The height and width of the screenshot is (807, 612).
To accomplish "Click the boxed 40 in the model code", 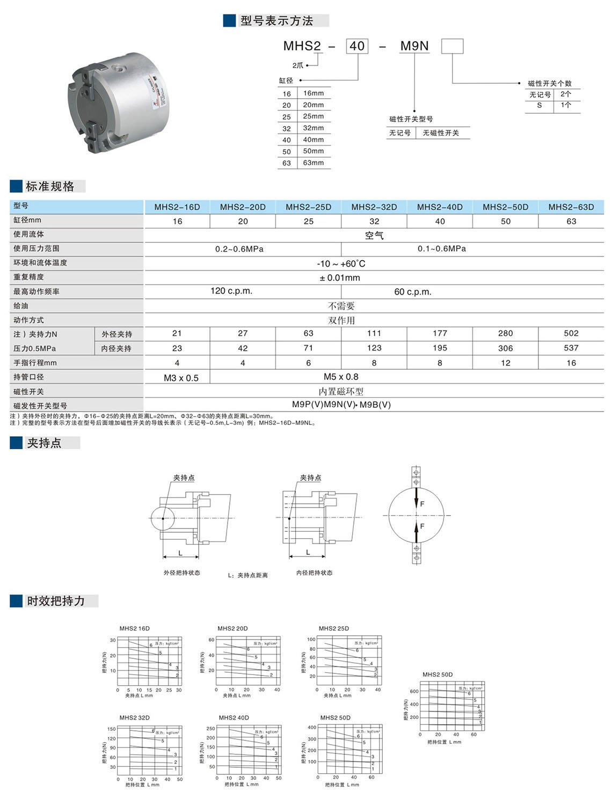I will (357, 46).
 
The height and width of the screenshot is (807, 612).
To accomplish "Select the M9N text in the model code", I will (414, 46).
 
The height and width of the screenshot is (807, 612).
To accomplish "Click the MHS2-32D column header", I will (374, 207).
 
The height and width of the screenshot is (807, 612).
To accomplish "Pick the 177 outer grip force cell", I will (440, 333).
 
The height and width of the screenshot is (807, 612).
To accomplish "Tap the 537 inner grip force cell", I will (571, 348).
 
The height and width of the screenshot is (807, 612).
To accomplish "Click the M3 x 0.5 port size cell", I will (181, 378).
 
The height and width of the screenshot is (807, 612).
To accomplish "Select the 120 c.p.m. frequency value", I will (231, 291).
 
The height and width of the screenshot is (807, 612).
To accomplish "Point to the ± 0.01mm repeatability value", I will (340, 277).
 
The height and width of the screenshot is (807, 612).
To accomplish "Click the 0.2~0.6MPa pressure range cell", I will (239, 249).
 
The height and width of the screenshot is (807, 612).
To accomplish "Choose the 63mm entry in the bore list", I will (314, 163).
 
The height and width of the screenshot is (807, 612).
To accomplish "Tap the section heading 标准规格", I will (50, 186).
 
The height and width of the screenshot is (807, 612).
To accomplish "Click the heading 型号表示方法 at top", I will (276, 21).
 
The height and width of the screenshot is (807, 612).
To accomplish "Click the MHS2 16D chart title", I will (135, 628).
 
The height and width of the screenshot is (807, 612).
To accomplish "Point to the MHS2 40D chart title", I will (234, 717).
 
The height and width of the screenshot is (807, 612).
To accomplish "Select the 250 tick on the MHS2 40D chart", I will (211, 729).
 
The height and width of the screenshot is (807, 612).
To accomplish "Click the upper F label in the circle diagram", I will (422, 504).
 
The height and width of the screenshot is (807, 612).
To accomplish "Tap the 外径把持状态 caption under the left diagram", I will (182, 573).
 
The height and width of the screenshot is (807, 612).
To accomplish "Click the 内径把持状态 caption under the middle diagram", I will (315, 573).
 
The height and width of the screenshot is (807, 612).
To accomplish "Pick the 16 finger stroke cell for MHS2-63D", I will (571, 363).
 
